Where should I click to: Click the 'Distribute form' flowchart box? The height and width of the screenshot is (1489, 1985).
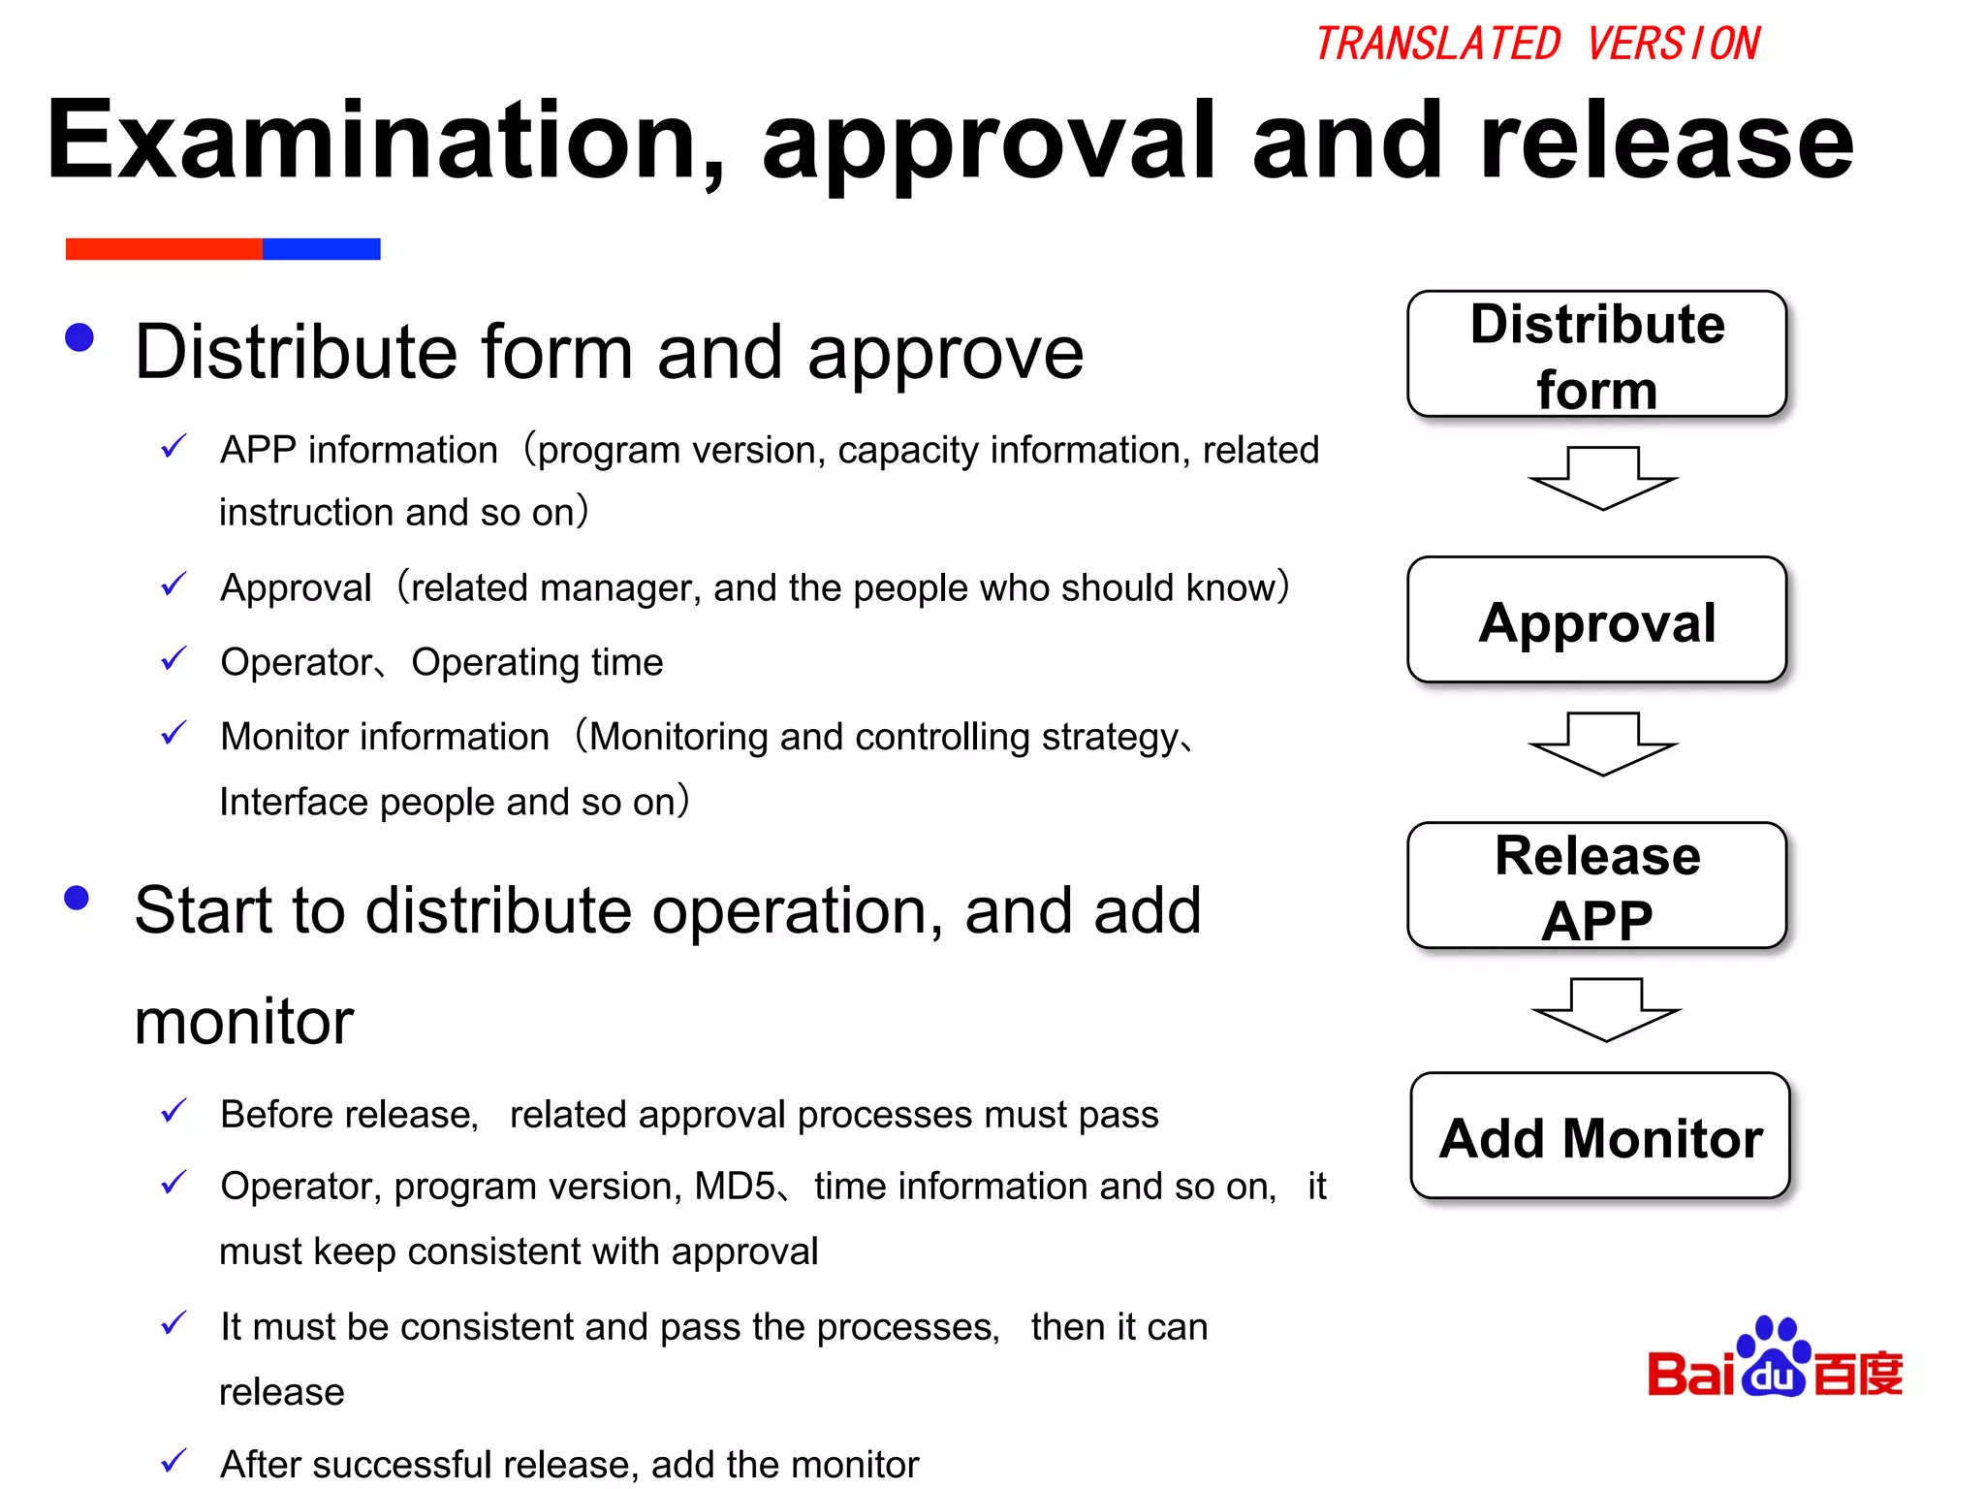pos(1596,355)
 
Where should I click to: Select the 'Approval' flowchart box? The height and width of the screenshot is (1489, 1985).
pos(1596,620)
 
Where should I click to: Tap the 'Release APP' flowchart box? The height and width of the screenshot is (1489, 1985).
pos(1596,886)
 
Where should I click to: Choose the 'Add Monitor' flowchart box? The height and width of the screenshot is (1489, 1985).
pos(1599,1136)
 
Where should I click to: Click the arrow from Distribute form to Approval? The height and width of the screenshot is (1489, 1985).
pos(1602,478)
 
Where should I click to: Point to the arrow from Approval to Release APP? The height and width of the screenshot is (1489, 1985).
pos(1602,744)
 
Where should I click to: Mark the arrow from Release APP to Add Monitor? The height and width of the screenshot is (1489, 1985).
pos(1606,1009)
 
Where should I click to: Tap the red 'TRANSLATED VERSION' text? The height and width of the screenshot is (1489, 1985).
pos(1536,45)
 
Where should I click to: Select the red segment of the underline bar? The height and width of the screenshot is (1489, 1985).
pos(164,249)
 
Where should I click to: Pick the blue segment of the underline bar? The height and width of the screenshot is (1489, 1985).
pos(321,249)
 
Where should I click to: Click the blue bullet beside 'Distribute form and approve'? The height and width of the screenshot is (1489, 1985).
pos(79,337)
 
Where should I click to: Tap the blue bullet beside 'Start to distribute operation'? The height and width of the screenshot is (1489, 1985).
pos(77,898)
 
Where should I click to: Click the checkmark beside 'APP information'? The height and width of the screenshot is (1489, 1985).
pos(173,447)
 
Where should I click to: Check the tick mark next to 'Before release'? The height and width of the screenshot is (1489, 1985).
pos(173,1111)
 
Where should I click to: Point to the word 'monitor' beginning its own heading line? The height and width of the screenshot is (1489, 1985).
pos(244,1022)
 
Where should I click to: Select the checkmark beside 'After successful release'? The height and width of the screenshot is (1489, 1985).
pos(173,1460)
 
